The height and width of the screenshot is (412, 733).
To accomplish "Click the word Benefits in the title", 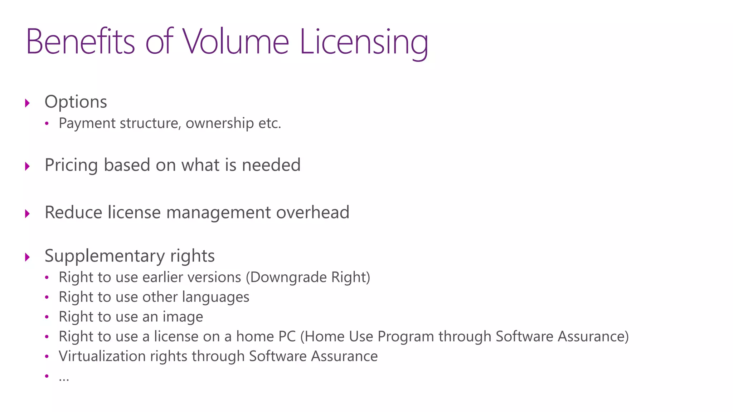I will click(x=81, y=42).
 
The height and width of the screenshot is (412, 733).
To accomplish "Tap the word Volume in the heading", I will click(x=236, y=42).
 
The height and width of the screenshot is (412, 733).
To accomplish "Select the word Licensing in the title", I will click(x=364, y=43).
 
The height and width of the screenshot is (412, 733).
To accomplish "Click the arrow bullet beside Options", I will click(x=28, y=103).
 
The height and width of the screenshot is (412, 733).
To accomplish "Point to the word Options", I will click(x=76, y=102).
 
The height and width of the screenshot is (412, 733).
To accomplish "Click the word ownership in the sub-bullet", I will click(x=220, y=123).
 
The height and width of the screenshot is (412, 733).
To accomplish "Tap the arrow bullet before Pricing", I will click(x=28, y=166).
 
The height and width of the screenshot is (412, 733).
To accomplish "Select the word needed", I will click(x=271, y=165).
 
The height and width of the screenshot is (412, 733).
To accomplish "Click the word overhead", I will click(x=312, y=212).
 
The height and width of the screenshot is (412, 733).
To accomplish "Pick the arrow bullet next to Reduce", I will click(x=28, y=214).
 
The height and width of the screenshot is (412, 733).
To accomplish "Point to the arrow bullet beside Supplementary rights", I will click(x=28, y=257).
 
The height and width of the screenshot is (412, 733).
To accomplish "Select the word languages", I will click(x=215, y=298).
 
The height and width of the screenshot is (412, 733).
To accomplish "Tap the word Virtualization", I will click(x=102, y=356).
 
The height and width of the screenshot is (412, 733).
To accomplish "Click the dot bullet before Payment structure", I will click(x=47, y=124).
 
